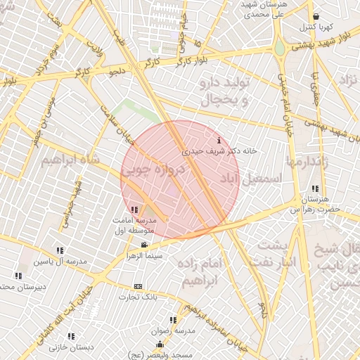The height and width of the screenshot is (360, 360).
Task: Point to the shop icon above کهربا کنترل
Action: pos(316,17)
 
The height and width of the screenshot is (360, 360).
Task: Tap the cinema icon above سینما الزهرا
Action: pos(145,245)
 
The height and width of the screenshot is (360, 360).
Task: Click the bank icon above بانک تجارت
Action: pos(138,286)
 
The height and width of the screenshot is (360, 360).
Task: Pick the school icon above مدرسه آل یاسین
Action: pos(60,250)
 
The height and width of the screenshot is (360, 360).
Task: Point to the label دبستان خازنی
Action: pos(72,347)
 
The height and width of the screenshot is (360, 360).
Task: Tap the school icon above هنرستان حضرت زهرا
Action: pos(314,188)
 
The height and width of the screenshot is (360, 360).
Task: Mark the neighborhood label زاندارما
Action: pos(307,162)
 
